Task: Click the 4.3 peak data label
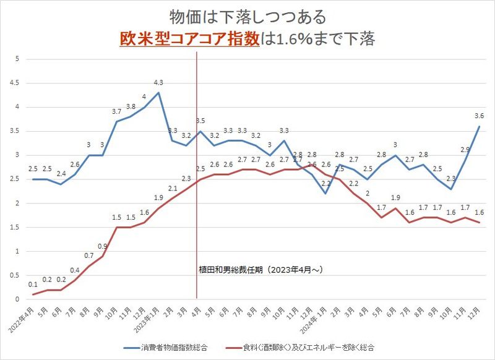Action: click(x=158, y=82)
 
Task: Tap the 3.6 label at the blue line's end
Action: click(x=478, y=116)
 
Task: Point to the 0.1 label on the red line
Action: click(x=33, y=284)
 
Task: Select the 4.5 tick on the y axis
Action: click(x=17, y=83)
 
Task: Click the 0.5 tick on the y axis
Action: click(x=17, y=276)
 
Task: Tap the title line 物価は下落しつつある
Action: click(x=247, y=15)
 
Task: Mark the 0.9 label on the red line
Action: click(x=103, y=246)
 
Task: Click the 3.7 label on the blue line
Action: click(x=116, y=111)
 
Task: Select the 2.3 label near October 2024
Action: click(x=450, y=179)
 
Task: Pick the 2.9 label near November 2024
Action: click(x=464, y=149)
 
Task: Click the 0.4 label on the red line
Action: click(x=75, y=270)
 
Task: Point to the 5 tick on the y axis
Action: click(x=19, y=59)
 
